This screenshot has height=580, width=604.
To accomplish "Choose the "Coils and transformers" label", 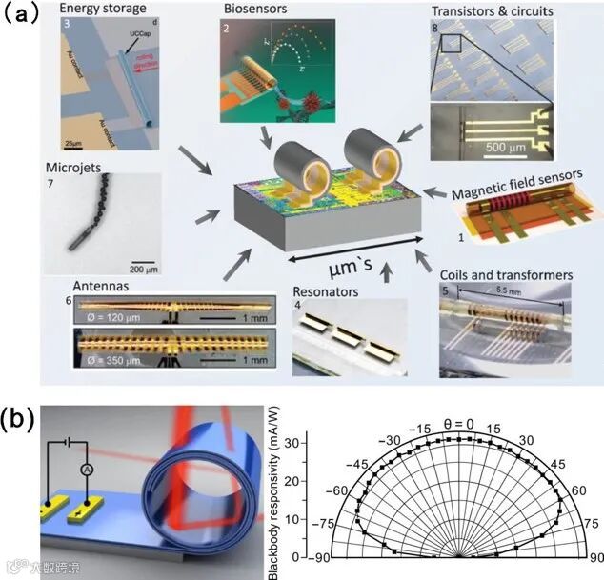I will point(507,275).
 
